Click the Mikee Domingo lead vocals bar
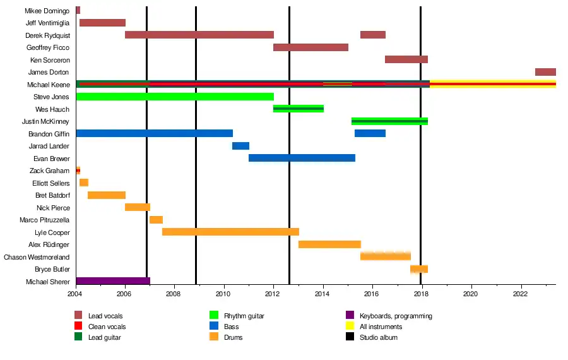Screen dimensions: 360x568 [x=78, y=10]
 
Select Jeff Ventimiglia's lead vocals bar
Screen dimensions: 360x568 [x=102, y=23]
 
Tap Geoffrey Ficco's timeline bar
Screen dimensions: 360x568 [x=311, y=47]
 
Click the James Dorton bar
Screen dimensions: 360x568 [x=545, y=72]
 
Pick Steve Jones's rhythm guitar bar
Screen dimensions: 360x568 [x=175, y=97]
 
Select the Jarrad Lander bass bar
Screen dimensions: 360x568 [x=240, y=146]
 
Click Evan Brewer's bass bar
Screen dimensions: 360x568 [x=302, y=158]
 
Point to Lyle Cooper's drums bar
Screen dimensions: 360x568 [x=230, y=232]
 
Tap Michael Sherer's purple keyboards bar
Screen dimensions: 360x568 [x=113, y=281]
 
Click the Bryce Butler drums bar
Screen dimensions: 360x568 [x=419, y=269]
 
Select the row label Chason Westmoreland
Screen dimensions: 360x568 [x=37, y=257]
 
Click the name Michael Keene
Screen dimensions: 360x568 [x=48, y=85]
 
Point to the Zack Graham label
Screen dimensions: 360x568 [x=49, y=171]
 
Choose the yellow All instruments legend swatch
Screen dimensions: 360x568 [x=350, y=327]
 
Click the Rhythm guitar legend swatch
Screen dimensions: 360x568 [x=214, y=316]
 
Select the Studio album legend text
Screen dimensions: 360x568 [x=379, y=337]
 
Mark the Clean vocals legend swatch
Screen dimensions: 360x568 [x=78, y=327]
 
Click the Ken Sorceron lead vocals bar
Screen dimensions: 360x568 [x=406, y=59]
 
